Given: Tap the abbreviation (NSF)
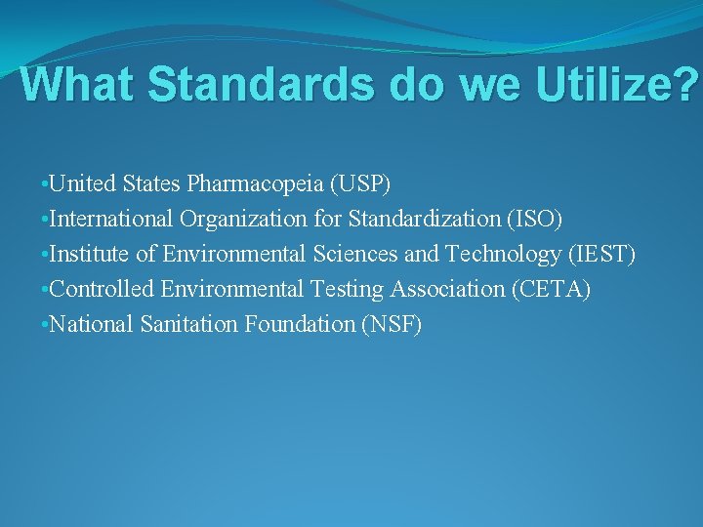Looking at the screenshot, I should coord(392,324).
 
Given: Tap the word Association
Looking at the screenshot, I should coord(441,289).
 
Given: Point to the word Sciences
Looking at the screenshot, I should coord(355,254).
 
